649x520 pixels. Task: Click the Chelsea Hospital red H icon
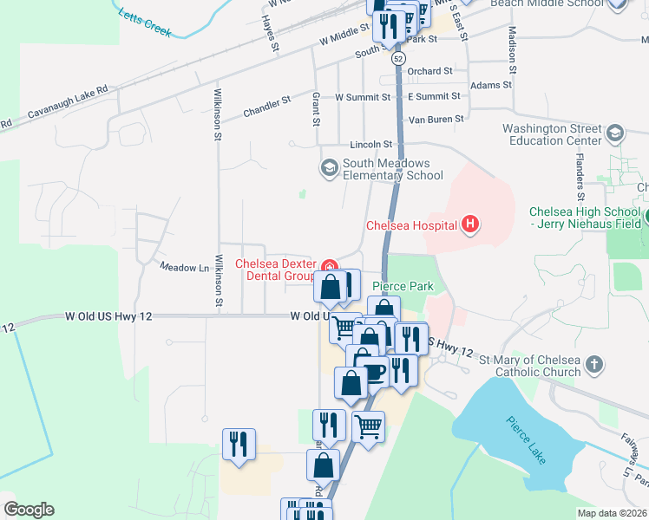470,225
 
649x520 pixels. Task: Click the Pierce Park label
402,286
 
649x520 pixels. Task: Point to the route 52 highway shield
398,57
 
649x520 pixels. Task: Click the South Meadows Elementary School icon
329,167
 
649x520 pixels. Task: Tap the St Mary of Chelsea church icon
594,365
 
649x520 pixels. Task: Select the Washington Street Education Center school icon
615,133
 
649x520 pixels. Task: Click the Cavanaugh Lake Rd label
68,101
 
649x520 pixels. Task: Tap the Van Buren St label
436,119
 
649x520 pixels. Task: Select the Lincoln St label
371,144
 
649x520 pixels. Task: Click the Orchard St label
429,71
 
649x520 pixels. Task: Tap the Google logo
29,510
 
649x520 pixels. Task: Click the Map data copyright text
612,513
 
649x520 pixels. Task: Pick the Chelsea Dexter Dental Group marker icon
329,266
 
